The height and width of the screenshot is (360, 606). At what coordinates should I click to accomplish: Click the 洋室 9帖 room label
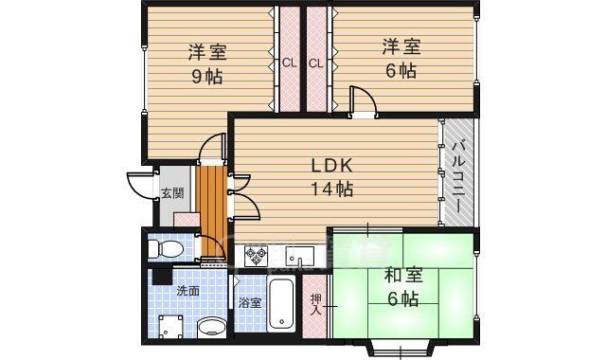(206, 63)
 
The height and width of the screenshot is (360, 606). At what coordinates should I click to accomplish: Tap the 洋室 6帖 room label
(401, 57)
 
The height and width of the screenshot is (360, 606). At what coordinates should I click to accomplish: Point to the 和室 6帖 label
(402, 287)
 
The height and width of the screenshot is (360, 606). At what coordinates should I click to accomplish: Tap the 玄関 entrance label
(171, 194)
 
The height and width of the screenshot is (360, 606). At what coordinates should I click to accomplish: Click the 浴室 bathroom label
(249, 303)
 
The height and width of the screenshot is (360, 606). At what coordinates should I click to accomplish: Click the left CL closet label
(289, 64)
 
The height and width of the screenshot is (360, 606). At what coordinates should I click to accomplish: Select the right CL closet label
(316, 64)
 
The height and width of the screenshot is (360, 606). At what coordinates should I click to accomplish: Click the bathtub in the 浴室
(281, 305)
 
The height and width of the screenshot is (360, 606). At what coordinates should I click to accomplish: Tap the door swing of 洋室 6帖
(360, 99)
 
